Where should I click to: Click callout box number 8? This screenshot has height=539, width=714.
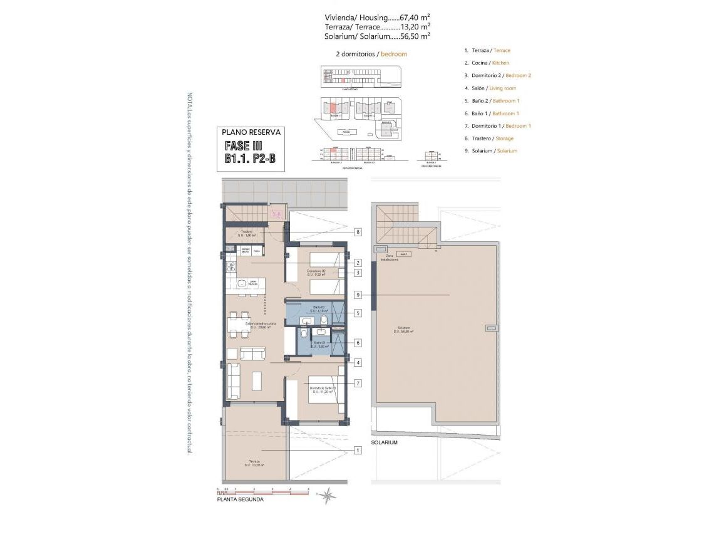pos(358,232)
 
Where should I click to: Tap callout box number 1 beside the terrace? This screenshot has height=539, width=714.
pos(358,450)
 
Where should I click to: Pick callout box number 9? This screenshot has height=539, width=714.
pos(358,295)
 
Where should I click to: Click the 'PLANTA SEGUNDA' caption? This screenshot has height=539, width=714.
pos(240,500)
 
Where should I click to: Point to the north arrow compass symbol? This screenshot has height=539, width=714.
pos(328,496)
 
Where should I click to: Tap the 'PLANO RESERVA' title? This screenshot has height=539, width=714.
pos(252,132)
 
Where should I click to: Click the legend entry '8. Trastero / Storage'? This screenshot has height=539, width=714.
pos(489,138)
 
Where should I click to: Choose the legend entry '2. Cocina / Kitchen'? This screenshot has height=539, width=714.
pos(487,63)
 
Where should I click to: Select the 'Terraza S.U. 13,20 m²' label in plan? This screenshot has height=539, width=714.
pos(254,463)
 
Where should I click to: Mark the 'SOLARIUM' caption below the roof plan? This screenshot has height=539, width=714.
pos(384,442)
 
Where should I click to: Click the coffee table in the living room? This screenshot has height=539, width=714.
pos(257,381)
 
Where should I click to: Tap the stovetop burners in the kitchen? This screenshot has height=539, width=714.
pos(231,268)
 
